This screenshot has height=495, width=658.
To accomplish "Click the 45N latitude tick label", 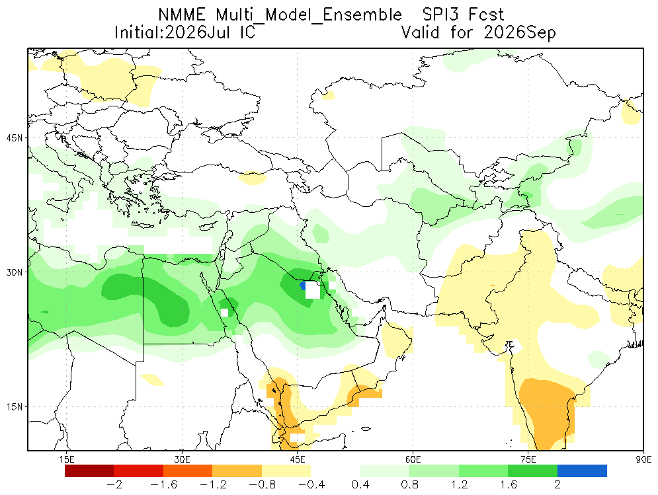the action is click(15, 138).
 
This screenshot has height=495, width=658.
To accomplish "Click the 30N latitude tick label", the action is click(15, 272).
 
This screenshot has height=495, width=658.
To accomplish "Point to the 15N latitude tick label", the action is click(15, 407).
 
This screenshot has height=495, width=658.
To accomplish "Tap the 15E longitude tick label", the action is click(67, 459).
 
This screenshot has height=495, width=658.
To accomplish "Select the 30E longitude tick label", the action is click(182, 459).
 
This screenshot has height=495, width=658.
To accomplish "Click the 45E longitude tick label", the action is click(298, 459).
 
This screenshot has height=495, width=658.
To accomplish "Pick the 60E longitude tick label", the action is click(413, 459).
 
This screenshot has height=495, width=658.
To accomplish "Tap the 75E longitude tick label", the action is click(528, 459).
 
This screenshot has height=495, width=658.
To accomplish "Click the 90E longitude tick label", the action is click(643, 459).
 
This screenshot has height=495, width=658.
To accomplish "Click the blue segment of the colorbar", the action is click(582, 471).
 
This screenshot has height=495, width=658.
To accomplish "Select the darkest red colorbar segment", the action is click(89, 471).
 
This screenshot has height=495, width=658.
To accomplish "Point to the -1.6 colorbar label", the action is click(163, 485).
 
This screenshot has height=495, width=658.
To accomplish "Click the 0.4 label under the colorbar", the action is click(360, 485).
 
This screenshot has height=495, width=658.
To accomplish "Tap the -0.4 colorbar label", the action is click(311, 485).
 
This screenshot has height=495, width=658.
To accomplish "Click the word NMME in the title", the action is click(182, 15).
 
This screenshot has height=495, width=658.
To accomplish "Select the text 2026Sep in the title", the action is click(520, 33).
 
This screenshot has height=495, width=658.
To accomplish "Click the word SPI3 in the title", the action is click(439, 15).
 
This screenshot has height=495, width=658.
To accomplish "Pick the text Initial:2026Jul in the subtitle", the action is click(172, 33).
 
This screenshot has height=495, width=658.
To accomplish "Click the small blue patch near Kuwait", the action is click(303, 286).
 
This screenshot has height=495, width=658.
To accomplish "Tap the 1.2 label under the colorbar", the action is click(459, 485).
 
